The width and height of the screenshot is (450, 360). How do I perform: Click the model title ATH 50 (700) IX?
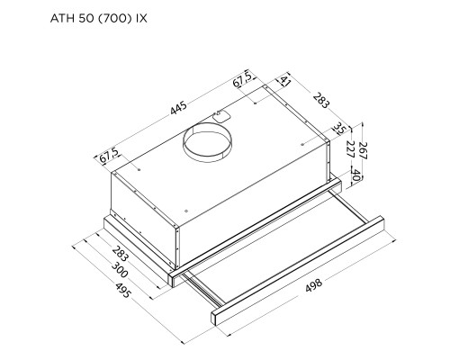[x=99, y=18]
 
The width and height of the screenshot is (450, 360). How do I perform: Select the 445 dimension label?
[x=178, y=108]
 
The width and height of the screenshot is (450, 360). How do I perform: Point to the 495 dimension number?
[x=122, y=290]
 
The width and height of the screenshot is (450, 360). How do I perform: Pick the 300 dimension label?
[x=120, y=270]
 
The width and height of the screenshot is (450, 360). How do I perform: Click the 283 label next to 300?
[x=121, y=253]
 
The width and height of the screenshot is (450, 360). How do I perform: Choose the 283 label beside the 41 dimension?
[x=321, y=101]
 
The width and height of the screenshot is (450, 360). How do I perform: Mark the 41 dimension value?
[x=285, y=81]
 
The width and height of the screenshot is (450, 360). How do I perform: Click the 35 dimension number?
[x=340, y=129]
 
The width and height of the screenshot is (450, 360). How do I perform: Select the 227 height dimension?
[x=350, y=149]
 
